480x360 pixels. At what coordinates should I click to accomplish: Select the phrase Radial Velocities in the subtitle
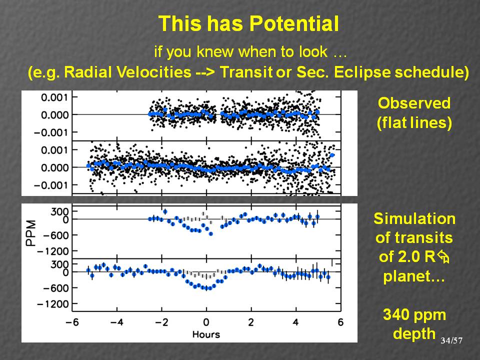[x=113, y=72]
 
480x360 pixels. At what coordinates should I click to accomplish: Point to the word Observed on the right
[x=414, y=103]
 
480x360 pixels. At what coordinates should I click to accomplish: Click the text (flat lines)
[x=414, y=123]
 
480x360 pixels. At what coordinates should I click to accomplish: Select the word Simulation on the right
[x=414, y=219]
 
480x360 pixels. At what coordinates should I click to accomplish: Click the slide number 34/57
[x=451, y=340]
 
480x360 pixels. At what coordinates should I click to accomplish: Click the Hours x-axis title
[x=205, y=334]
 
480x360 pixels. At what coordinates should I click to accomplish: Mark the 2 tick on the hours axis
[x=251, y=322]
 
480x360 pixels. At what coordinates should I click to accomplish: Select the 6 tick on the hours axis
[x=340, y=322]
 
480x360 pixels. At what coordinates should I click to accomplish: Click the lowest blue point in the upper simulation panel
[x=210, y=233]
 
